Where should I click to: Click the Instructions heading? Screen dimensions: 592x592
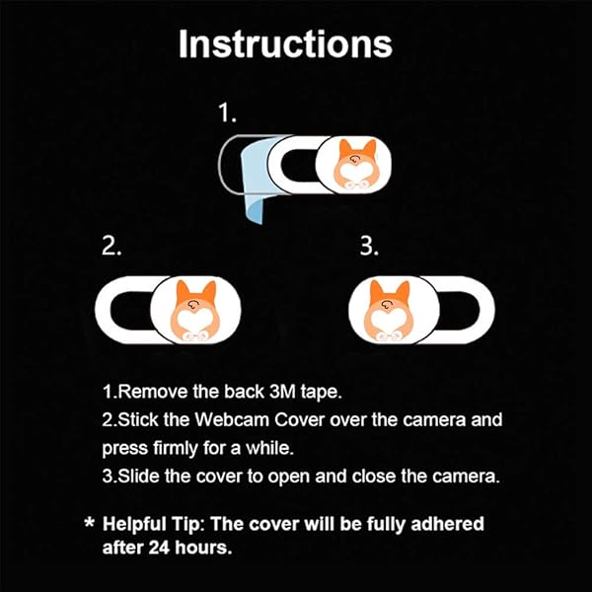[x=285, y=44]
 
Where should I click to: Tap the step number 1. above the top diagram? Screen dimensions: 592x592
[x=227, y=112]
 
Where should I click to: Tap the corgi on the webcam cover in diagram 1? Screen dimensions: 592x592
[x=354, y=164]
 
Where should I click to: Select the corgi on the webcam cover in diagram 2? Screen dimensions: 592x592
[x=194, y=311]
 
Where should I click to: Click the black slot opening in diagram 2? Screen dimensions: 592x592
[x=131, y=311]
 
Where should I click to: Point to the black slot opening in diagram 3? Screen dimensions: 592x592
[x=460, y=311]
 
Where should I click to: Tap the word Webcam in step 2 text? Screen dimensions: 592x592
[x=232, y=420]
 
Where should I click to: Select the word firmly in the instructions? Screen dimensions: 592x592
[x=176, y=449]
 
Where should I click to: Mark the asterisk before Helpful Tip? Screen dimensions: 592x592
[x=90, y=523]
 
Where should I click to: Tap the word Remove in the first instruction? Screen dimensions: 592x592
[x=152, y=392]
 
